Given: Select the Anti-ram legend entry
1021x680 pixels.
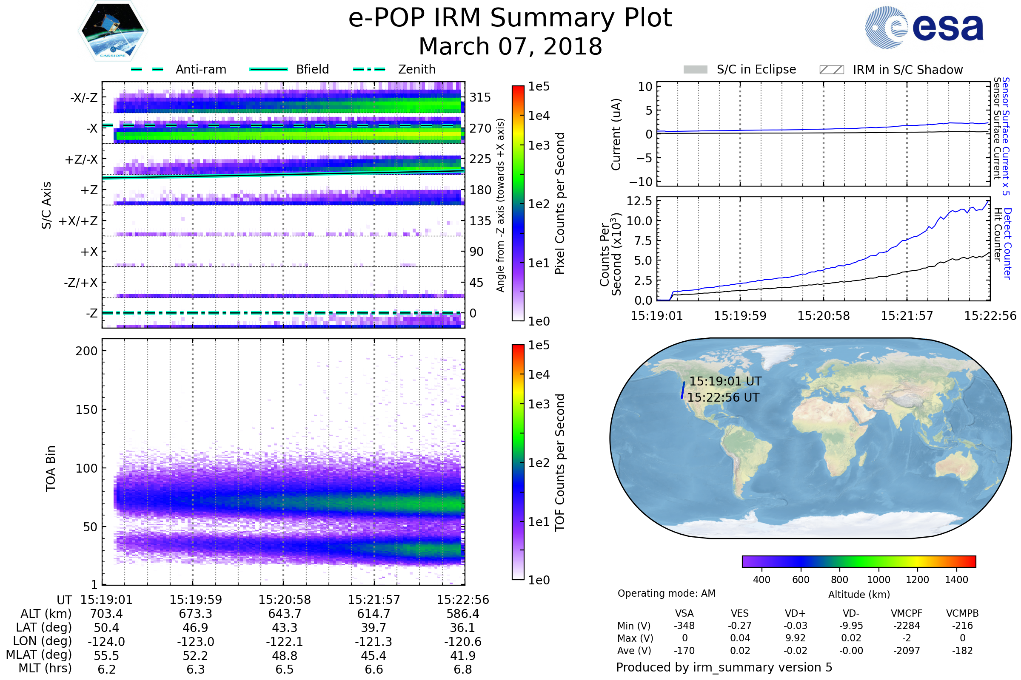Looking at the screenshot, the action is coord(178,69).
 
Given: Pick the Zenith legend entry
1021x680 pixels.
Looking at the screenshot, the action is coord(394,69).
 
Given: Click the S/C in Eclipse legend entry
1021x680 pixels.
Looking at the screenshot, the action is coord(739,69).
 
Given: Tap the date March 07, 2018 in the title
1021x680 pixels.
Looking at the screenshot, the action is coord(510,46).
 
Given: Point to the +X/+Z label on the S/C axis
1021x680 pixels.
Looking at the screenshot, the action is coord(78,221).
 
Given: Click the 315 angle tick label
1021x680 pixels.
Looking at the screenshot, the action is coord(480,97).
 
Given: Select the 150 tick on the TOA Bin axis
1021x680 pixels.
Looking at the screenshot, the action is coord(87,410).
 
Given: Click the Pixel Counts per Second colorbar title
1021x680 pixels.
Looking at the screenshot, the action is coord(560,204).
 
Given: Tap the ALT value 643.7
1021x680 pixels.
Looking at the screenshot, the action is coord(285,614).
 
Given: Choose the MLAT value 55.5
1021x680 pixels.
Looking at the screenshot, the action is coord(106,656).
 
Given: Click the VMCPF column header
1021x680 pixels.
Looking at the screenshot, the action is coord(907,613).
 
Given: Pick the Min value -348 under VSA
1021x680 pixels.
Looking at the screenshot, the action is coord(684,626).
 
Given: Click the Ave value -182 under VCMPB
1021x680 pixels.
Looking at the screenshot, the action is coord(962,651).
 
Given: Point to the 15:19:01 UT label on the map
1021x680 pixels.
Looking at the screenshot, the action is coord(725,381).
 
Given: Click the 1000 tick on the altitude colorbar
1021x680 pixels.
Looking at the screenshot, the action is coord(878,580).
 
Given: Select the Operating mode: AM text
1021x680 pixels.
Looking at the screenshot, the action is coord(666,593).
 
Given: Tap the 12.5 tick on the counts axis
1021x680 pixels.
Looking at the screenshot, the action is coord(639,201).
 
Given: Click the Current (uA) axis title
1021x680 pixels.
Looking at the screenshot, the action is coord(616,134).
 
